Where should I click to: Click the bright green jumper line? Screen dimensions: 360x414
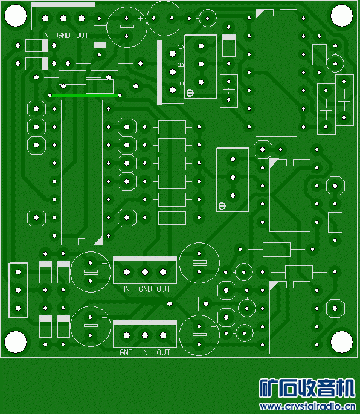click(x=85, y=95)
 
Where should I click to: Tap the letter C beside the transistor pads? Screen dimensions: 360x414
click(x=181, y=47)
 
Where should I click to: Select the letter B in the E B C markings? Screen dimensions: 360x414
click(x=181, y=65)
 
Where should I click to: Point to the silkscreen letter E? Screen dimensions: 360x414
click(x=181, y=83)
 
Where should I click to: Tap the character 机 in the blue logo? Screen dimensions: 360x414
click(x=345, y=388)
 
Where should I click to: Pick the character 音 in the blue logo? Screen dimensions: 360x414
click(x=326, y=388)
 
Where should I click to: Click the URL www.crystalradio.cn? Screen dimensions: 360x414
click(x=307, y=407)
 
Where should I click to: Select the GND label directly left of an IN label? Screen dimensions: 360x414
click(x=126, y=352)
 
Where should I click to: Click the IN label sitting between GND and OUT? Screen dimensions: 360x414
click(x=144, y=352)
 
